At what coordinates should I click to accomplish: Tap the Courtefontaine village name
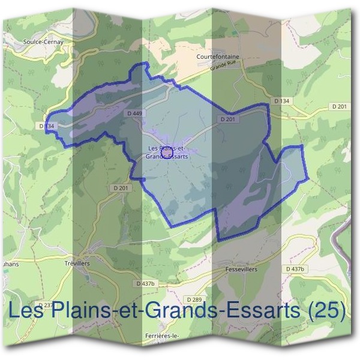click(218, 57)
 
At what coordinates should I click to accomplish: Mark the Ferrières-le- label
click(163, 335)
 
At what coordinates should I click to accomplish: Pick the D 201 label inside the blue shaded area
click(227, 119)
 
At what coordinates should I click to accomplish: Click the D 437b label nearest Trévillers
click(146, 283)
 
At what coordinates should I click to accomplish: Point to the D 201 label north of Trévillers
click(121, 188)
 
